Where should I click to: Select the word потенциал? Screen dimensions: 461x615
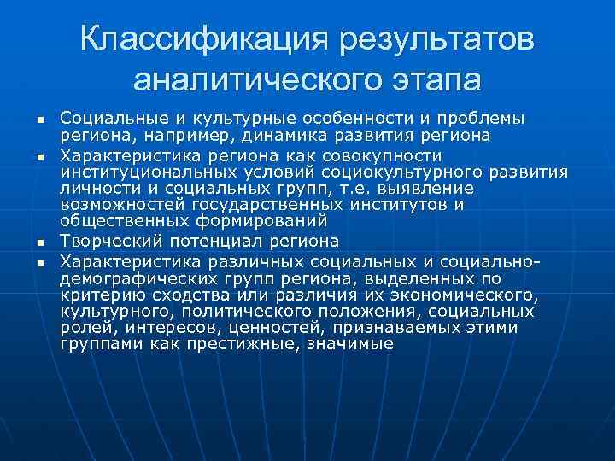[201, 242]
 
